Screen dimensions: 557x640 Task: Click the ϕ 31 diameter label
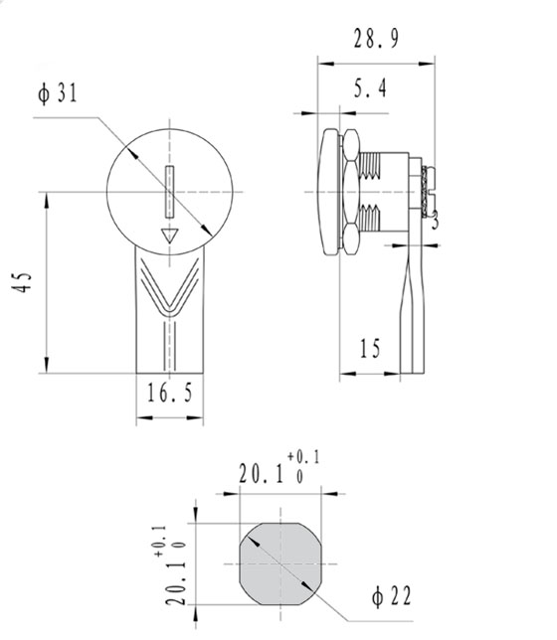58,93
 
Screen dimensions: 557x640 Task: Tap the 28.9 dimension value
376,39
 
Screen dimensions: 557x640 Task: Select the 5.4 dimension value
370,88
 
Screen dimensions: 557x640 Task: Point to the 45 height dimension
21,281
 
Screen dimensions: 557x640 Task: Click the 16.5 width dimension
170,393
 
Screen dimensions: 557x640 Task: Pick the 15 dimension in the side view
370,348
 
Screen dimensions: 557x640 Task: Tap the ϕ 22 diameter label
392,596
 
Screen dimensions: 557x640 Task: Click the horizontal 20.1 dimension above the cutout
261,474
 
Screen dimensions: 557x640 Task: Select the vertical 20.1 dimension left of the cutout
176,582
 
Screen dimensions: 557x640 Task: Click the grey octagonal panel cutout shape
280,563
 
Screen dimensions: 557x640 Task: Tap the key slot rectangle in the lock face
170,192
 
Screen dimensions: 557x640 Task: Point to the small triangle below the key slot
170,236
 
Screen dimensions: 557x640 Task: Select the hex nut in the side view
350,192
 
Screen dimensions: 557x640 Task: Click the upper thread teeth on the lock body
370,165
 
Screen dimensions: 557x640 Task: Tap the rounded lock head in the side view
329,192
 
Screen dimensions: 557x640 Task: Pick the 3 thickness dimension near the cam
435,221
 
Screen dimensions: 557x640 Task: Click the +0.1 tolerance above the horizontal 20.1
303,457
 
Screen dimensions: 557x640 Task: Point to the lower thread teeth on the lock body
370,218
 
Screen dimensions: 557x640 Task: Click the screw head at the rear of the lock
428,192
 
